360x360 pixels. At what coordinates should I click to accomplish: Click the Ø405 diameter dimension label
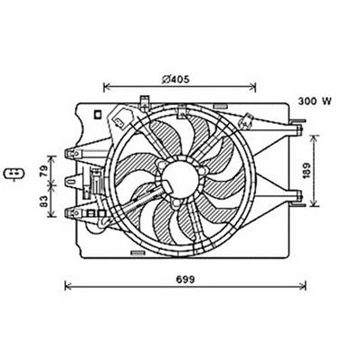coord(177,79)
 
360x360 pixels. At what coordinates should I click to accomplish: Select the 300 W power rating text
coord(314,102)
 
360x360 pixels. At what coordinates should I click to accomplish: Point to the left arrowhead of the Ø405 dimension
coord(107,88)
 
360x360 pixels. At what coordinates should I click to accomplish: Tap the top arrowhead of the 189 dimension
coord(314,137)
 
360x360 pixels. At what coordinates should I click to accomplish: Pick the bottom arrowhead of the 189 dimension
coord(314,206)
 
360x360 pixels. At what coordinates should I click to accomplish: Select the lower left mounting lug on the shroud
coord(72,213)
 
